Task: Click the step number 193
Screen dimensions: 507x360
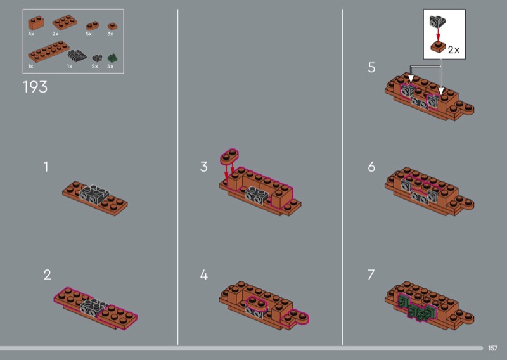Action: [35, 87]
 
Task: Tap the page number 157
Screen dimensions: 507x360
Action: [492, 348]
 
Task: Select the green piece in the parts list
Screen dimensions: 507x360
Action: [112, 58]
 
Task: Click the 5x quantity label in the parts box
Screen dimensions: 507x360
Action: [89, 34]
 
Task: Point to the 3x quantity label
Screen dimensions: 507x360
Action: [110, 34]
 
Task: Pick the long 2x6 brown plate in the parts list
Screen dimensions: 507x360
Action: [49, 51]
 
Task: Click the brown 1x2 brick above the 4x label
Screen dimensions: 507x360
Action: [36, 23]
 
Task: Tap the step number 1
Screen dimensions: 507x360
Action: [46, 167]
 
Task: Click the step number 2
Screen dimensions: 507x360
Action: [47, 275]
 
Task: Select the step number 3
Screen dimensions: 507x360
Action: [203, 167]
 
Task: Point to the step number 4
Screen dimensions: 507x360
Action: [203, 275]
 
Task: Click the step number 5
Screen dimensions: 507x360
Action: [371, 67]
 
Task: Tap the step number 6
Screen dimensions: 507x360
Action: [371, 167]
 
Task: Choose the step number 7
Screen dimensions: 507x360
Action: [371, 275]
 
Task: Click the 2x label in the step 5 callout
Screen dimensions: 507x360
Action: [454, 50]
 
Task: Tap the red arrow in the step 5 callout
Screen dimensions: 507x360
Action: [438, 35]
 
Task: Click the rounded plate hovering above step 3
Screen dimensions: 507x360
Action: [229, 156]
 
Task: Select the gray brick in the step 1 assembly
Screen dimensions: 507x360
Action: [94, 195]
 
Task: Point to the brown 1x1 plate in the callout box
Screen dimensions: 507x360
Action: [438, 48]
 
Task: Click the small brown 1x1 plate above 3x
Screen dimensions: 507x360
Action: [113, 26]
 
